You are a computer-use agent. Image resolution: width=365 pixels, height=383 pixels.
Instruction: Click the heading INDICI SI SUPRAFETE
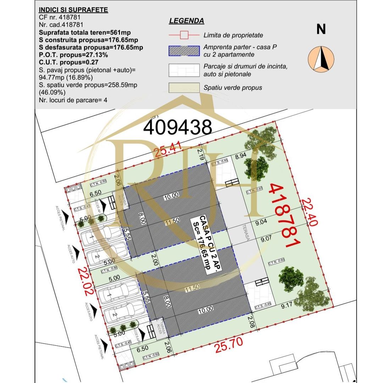pos(73,10)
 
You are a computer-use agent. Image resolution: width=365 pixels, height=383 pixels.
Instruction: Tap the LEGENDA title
pos(186,21)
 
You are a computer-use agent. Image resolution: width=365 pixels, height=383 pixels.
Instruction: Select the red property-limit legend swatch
pos(184,35)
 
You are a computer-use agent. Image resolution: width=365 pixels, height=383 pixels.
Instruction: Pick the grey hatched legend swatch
pos(184,51)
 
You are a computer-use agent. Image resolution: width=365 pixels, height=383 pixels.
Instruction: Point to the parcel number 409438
pos(177,127)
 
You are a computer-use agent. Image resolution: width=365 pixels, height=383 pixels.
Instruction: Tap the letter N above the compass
pos(321,30)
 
